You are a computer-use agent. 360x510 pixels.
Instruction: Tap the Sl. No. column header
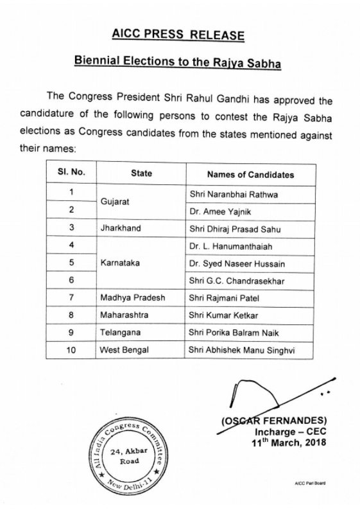[x=70, y=173]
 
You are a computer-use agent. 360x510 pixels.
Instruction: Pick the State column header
[x=141, y=173]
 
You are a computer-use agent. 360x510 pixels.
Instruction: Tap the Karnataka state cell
[x=119, y=263]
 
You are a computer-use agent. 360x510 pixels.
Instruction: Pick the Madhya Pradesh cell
[x=131, y=298]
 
